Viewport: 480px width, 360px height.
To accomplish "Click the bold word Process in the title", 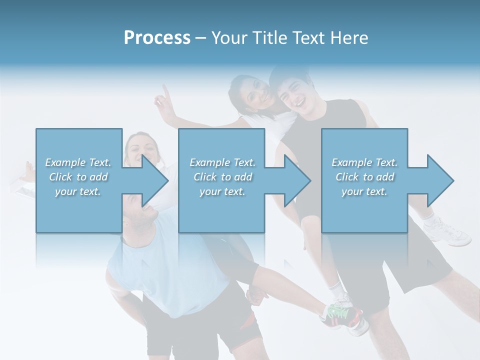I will [157, 37].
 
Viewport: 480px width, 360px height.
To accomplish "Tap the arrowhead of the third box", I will [439, 180].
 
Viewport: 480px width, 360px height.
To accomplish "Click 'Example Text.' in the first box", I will [78, 162].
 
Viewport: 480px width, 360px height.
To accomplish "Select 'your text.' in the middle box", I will [222, 191].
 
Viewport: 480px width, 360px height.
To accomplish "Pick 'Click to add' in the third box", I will [364, 177].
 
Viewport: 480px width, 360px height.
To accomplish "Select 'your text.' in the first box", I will [78, 191].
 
